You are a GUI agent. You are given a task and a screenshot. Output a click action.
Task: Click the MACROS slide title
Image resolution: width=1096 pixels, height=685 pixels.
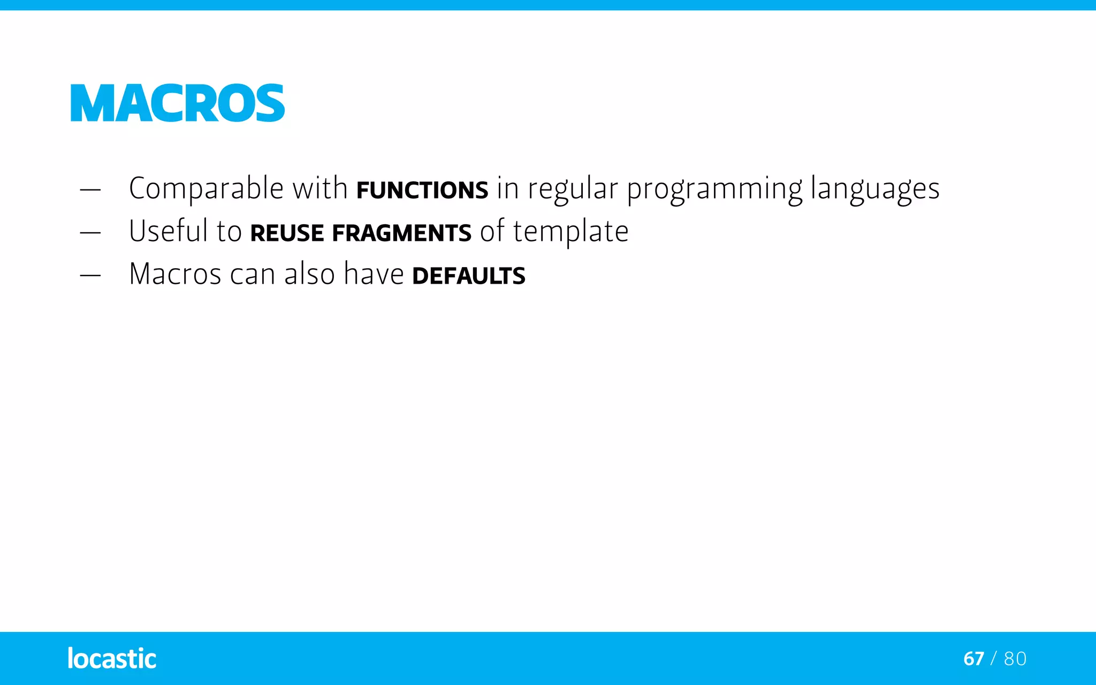178,103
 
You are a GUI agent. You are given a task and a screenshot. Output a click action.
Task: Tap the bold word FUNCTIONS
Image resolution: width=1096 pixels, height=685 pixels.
422,191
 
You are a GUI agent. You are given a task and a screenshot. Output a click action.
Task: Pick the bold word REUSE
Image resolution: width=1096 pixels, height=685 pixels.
287,233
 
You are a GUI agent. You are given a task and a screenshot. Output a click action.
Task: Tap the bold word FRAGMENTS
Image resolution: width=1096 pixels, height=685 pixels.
401,233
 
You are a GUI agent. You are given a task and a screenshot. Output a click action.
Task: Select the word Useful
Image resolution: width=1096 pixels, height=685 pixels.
168,231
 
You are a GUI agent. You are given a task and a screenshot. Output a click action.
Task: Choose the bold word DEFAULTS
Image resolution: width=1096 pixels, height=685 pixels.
469,276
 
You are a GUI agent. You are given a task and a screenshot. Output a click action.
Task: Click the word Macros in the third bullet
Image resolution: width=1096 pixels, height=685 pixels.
175,275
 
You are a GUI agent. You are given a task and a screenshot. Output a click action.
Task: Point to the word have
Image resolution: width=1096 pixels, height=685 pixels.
374,275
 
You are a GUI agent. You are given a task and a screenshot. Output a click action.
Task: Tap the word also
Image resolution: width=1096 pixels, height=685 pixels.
309,275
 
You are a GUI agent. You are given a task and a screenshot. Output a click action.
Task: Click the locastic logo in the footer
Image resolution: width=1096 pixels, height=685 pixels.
112,658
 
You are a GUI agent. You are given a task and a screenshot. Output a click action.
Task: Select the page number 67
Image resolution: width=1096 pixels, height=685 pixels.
973,659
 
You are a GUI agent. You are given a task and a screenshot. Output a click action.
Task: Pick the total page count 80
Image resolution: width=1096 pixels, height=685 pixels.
1015,659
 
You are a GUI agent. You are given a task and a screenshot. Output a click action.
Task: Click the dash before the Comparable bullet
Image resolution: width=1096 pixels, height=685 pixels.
90,190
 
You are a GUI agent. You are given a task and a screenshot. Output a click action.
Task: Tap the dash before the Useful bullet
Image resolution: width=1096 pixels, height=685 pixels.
90,233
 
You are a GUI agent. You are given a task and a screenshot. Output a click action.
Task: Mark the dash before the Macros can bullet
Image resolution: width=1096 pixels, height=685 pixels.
90,276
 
